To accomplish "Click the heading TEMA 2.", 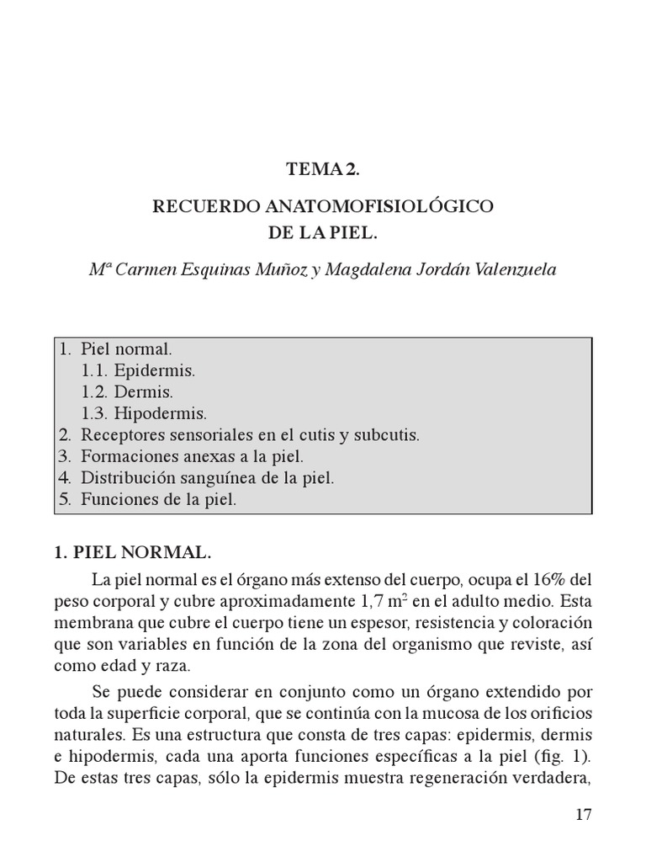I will [x=322, y=170].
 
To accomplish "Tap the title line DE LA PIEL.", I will [x=322, y=231].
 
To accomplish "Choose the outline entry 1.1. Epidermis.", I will [x=138, y=370].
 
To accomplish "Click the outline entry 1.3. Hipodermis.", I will [x=144, y=413].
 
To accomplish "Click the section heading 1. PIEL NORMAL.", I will [x=132, y=553].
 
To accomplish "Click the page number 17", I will [x=585, y=815].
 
